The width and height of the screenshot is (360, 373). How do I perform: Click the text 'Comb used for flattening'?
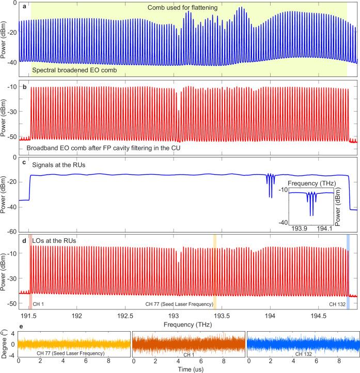pos(183,8)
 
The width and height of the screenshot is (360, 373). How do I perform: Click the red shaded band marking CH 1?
pos(30,271)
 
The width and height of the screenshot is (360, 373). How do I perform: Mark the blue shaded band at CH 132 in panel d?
pos(348,271)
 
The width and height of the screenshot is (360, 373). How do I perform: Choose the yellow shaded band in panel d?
pos(215,271)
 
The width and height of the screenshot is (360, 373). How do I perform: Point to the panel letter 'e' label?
pos(21,327)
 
